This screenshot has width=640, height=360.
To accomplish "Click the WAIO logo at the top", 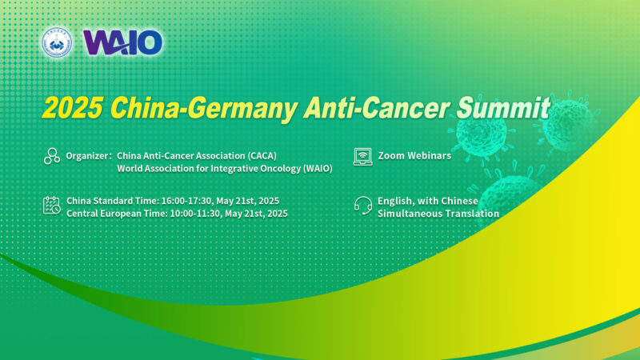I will pyautogui.click(x=122, y=42).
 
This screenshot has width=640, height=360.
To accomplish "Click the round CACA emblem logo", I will pyautogui.click(x=57, y=42).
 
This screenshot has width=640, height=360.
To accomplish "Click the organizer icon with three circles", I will pyautogui.click(x=52, y=156).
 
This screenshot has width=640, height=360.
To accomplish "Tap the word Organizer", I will pyautogui.click(x=87, y=155).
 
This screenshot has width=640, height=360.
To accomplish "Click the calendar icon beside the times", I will pyautogui.click(x=52, y=206).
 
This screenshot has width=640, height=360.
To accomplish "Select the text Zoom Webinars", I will pyautogui.click(x=414, y=155).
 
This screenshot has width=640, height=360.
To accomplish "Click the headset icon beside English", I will pyautogui.click(x=363, y=206).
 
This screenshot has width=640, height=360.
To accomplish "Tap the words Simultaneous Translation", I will pyautogui.click(x=438, y=213).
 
